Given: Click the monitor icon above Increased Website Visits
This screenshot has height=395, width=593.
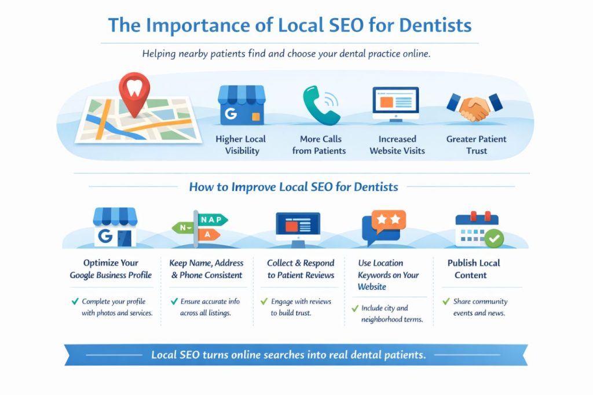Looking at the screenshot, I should pos(396,104).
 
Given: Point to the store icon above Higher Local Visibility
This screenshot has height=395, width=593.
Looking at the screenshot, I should pos(241,105).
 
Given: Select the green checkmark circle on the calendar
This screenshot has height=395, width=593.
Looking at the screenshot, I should pos(494,238).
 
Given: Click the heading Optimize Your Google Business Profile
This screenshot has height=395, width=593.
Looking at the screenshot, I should pos(111,269).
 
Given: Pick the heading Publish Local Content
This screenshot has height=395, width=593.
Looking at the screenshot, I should pos(473,269).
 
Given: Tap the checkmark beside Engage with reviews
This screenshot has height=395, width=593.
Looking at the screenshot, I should pos(265,302).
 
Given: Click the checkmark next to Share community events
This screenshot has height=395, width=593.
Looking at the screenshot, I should pos(445,302).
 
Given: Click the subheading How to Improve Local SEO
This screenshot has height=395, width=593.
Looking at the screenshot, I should pos(294,187).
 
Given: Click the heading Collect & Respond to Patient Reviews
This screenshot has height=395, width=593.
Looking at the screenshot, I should pos(301,269).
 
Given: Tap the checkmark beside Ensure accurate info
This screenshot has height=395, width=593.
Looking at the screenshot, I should pos(173,302).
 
